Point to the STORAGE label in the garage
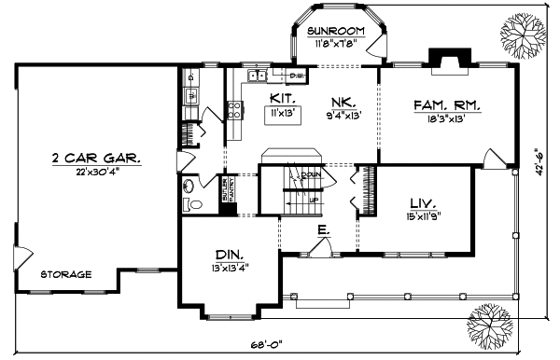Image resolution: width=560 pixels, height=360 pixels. (x=65, y=274)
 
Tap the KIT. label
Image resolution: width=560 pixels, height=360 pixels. (x=283, y=98)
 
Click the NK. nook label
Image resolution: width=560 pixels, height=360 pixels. (x=341, y=104)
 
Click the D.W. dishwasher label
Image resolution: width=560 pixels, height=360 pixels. (x=297, y=75)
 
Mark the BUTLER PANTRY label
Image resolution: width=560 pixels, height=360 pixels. (x=227, y=190)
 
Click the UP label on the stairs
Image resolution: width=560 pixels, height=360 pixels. (x=314, y=199)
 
